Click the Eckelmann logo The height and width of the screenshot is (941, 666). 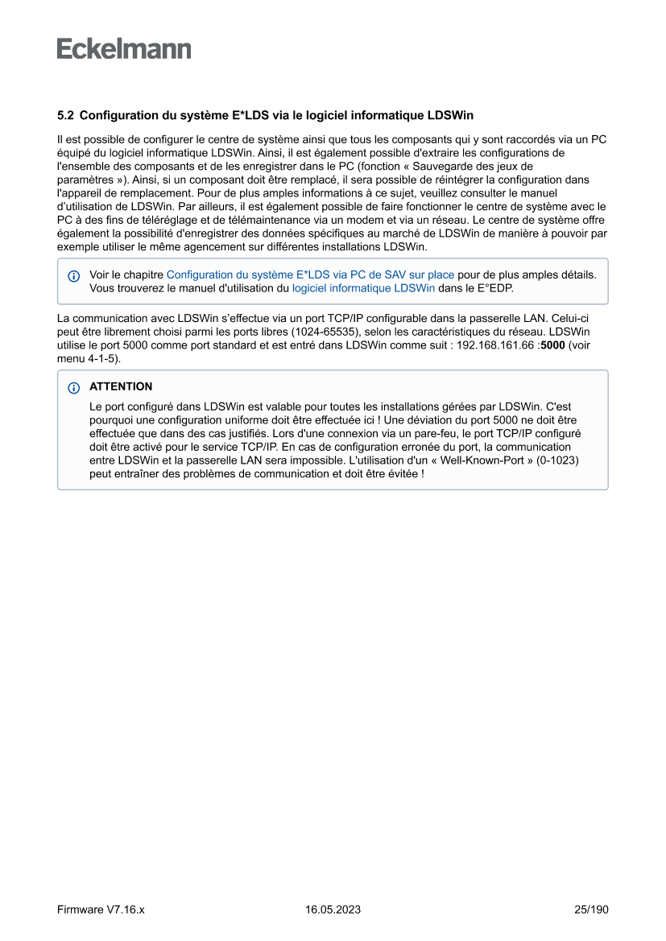[124, 49]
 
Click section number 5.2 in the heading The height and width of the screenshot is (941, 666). [65, 116]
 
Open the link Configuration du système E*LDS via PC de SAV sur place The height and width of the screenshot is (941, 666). [310, 274]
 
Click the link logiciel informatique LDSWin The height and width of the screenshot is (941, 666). [363, 287]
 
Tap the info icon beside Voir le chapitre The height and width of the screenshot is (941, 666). [74, 275]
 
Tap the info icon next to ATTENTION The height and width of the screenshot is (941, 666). [74, 387]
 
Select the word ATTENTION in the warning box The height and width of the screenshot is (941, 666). [121, 386]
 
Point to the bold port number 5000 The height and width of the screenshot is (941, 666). [553, 345]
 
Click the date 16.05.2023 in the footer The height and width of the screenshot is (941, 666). [333, 910]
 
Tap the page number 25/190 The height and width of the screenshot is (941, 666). [591, 910]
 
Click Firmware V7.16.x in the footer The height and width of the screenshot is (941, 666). [101, 910]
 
